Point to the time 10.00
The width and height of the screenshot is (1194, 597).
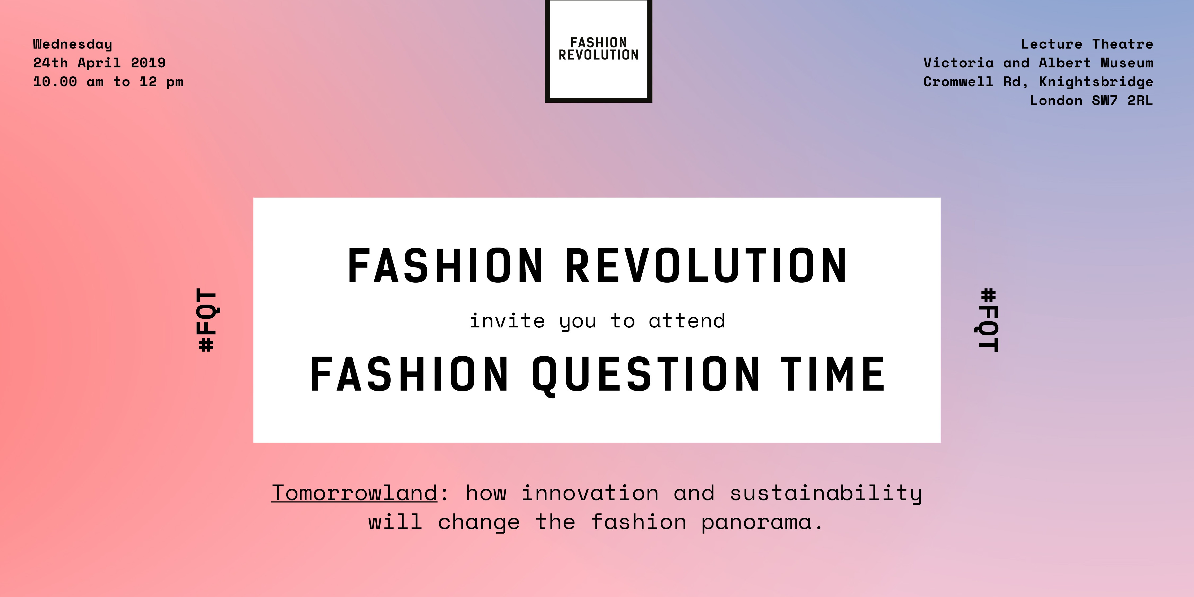pos(55,81)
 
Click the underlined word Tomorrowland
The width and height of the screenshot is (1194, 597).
pos(354,493)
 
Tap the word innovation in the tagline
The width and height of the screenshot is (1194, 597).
pos(590,493)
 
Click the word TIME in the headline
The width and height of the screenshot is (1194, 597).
pos(833,374)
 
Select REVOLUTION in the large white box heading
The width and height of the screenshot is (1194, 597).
pos(706,266)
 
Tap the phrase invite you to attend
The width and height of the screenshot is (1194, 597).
pos(598,321)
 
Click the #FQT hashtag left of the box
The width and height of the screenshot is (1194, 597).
pos(207,320)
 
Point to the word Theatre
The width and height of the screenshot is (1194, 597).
pos(1123,44)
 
